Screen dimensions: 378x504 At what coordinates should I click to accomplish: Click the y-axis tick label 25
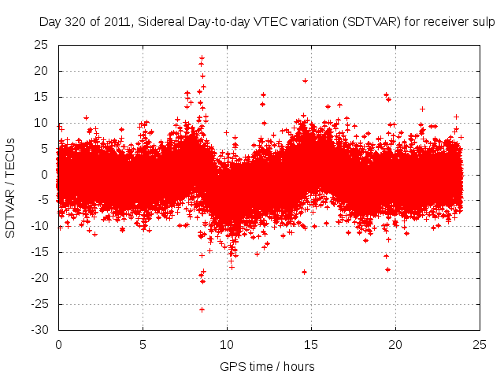(42, 45)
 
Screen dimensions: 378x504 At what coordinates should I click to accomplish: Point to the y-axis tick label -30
(39, 330)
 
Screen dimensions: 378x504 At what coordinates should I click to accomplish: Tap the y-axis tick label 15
(42, 97)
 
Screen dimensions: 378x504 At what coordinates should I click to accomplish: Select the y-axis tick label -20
(39, 278)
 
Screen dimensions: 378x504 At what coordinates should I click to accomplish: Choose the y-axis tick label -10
(39, 226)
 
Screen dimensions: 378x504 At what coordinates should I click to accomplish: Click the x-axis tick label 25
(480, 345)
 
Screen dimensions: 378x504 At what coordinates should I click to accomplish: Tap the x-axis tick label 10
(227, 345)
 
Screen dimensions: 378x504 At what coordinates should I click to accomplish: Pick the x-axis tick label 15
(311, 345)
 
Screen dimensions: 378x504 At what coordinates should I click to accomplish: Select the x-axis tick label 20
(395, 345)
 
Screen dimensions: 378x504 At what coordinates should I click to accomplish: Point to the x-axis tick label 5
(143, 345)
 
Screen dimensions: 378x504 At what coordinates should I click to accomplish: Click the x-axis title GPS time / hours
(268, 366)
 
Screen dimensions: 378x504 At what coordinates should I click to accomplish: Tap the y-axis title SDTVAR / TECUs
(11, 187)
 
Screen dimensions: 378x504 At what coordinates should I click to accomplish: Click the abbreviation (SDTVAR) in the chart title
(372, 22)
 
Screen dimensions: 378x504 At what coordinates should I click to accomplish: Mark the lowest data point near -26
(202, 309)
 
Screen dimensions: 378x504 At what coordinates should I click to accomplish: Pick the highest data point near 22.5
(202, 58)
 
